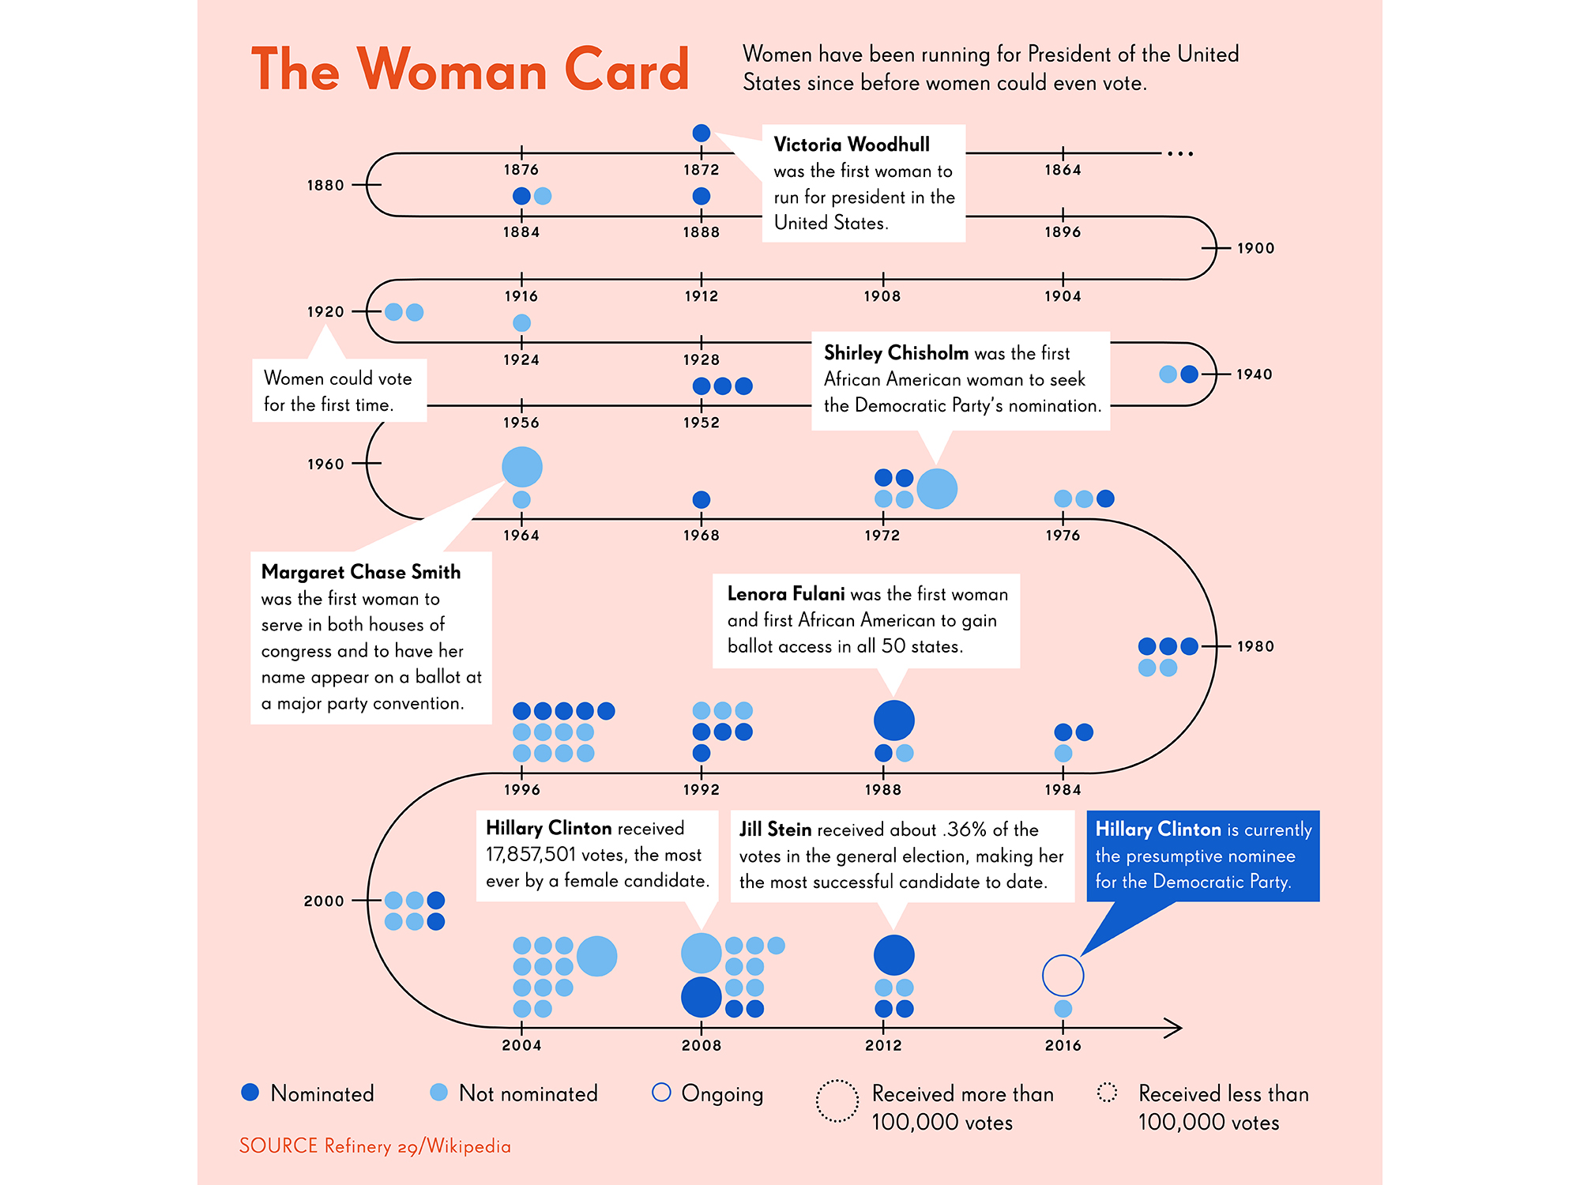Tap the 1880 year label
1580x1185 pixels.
325,185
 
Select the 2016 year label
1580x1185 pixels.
1063,1045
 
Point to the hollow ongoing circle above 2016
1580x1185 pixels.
1063,956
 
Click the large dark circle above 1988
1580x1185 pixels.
893,720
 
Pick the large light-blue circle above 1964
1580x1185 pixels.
522,467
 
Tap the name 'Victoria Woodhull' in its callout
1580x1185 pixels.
852,145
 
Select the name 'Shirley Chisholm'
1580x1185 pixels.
896,352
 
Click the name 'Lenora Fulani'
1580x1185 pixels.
786,593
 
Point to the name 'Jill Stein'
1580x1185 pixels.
776,829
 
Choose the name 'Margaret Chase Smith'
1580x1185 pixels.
361,571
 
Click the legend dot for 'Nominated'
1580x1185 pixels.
250,1092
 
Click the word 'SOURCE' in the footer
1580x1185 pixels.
278,1145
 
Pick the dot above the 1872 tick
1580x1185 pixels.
701,133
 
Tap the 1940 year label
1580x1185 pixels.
1255,374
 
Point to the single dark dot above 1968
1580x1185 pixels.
701,499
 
